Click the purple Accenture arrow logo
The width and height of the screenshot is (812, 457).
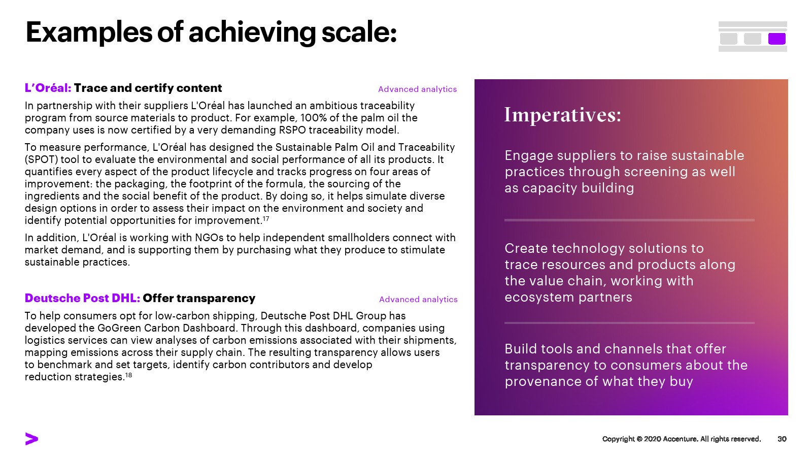31,439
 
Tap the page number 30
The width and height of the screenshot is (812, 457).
782,439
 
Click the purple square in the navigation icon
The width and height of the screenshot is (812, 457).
777,39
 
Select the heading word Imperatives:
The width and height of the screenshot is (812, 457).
563,115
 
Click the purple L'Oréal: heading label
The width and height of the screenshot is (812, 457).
48,88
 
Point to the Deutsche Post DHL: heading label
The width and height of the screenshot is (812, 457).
82,298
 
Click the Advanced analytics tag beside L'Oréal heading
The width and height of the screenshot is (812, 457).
417,89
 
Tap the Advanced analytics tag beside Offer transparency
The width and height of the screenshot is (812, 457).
418,300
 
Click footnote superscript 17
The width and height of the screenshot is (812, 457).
266,218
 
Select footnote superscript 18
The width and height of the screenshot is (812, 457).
128,375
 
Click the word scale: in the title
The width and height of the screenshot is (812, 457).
359,32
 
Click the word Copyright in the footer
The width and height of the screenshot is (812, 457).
619,439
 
